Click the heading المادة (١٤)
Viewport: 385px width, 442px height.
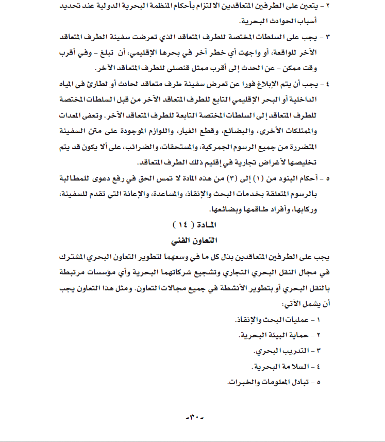click(x=193, y=225)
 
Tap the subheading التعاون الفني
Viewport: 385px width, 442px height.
click(x=193, y=241)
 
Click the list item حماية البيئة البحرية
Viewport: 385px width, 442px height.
click(x=276, y=335)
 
